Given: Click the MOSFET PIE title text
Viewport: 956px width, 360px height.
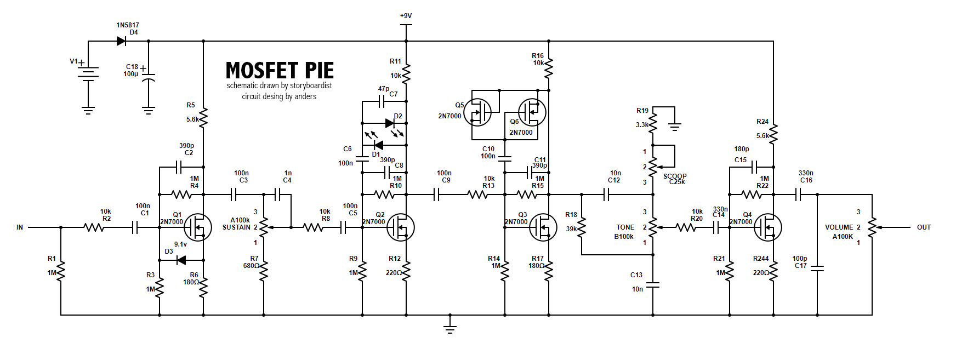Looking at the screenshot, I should [280, 71].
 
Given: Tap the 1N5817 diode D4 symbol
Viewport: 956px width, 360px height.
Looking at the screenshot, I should [121, 41].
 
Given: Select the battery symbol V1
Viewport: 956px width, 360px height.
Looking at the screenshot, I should [88, 73].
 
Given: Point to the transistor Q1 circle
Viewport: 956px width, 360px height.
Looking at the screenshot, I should [197, 227].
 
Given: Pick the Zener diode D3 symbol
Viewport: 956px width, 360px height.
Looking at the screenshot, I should [181, 260].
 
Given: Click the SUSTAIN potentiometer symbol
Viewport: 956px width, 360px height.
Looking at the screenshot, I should [264, 227].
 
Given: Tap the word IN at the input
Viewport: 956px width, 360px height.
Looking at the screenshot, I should [20, 227].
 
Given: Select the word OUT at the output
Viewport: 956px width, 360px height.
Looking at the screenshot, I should [924, 227].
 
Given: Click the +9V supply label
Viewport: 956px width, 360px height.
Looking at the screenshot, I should [406, 16].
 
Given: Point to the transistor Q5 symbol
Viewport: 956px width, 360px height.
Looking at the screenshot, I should [477, 112].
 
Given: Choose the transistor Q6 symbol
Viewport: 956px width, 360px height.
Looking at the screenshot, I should [532, 112].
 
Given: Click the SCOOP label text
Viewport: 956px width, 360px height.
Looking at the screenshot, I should [675, 176].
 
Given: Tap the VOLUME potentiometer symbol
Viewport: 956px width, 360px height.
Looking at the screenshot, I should [872, 227].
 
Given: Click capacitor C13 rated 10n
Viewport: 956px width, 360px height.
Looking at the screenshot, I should [653, 285].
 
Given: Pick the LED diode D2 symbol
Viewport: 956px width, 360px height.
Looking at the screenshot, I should [390, 123].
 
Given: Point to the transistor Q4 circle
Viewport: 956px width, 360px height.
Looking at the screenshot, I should [767, 227].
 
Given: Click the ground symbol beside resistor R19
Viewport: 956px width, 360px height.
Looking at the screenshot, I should [675, 127].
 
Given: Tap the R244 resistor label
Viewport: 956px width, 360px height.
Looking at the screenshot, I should [761, 259].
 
